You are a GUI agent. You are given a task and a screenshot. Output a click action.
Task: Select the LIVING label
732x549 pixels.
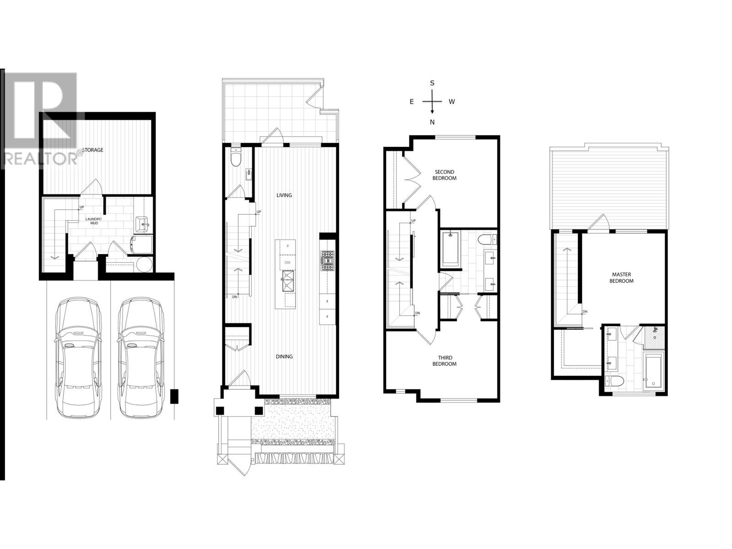point(284,195)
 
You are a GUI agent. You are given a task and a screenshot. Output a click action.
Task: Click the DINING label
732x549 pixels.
point(284,357)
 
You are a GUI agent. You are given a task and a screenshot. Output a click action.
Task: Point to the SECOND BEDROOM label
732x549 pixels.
point(444,175)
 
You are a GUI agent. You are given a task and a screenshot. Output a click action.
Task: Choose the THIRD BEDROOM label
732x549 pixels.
point(444,361)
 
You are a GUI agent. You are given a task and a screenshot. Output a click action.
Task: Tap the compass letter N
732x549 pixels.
point(432,122)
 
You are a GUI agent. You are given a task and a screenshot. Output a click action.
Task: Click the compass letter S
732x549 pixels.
point(432,83)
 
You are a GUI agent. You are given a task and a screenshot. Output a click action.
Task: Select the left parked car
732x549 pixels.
point(78,357)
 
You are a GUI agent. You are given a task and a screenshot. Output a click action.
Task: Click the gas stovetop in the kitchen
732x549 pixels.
point(327,261)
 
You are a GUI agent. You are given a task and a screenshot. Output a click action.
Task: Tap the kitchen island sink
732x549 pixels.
point(288,280)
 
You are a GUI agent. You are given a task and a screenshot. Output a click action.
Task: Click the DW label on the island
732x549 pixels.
point(287,263)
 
